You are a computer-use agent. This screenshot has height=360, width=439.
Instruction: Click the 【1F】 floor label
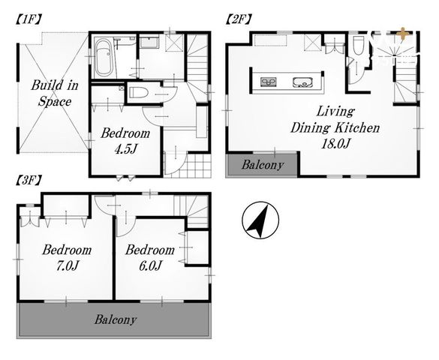[x=29, y=19]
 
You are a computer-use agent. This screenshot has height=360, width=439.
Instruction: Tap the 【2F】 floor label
[x=239, y=19]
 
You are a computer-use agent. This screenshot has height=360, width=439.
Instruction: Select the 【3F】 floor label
[x=29, y=181]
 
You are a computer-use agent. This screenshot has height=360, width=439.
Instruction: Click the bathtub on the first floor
[x=104, y=59]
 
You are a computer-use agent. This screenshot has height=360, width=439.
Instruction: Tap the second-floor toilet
[x=358, y=46]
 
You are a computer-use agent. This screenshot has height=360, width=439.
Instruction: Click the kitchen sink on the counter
[x=302, y=82]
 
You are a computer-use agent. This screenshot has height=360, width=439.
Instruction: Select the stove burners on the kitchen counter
[x=269, y=82]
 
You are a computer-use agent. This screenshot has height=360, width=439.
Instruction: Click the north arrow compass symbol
[x=260, y=220]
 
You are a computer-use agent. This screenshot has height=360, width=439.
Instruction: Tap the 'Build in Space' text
[x=55, y=93]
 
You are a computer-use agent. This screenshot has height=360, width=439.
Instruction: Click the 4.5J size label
[x=125, y=149]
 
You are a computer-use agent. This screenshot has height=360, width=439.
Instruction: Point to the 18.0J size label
[x=335, y=143]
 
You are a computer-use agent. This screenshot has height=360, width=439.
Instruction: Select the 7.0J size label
[x=67, y=265]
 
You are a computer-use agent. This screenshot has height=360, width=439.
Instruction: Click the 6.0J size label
[x=150, y=265]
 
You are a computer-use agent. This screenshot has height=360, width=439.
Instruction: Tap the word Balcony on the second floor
[x=263, y=165]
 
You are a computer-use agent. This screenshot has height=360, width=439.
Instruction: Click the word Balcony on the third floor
[x=116, y=319]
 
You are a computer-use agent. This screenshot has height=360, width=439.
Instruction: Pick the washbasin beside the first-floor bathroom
[x=149, y=42]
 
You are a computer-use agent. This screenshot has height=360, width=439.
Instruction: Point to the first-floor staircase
[x=197, y=67]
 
